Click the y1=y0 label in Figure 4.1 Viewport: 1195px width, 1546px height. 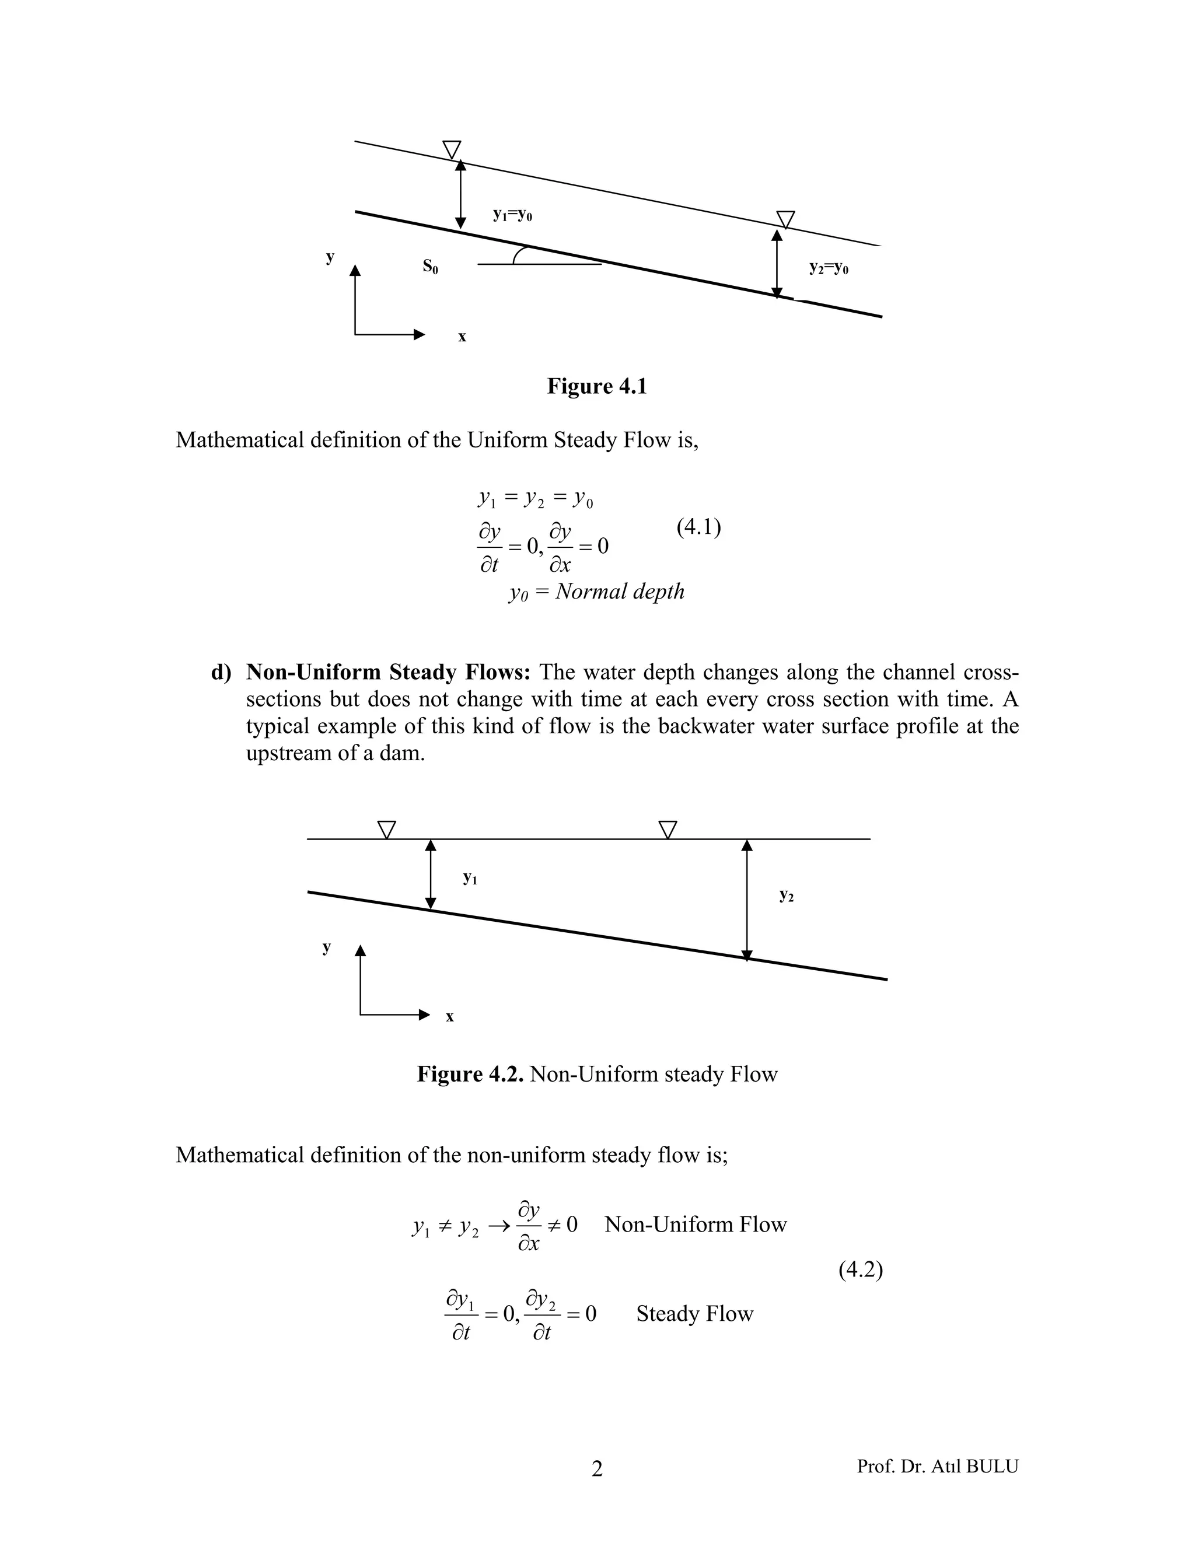[512, 215]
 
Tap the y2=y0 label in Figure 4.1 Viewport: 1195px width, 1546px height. [829, 268]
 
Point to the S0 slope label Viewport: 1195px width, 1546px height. [429, 266]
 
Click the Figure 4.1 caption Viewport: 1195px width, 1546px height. [597, 386]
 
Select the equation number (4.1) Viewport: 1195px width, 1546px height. [698, 527]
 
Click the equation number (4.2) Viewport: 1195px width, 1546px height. [860, 1270]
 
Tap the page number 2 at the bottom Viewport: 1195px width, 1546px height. [597, 1470]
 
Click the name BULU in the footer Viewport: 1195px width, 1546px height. [991, 1466]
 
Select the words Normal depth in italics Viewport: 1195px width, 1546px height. [620, 591]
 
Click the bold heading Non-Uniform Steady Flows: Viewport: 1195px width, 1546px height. [388, 671]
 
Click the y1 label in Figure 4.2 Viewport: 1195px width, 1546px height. [469, 879]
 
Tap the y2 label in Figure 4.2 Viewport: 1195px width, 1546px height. [786, 896]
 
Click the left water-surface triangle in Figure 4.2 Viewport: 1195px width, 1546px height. [386, 829]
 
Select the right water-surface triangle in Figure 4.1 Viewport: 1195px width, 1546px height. [785, 219]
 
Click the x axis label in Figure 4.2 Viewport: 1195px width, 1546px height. [449, 1016]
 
